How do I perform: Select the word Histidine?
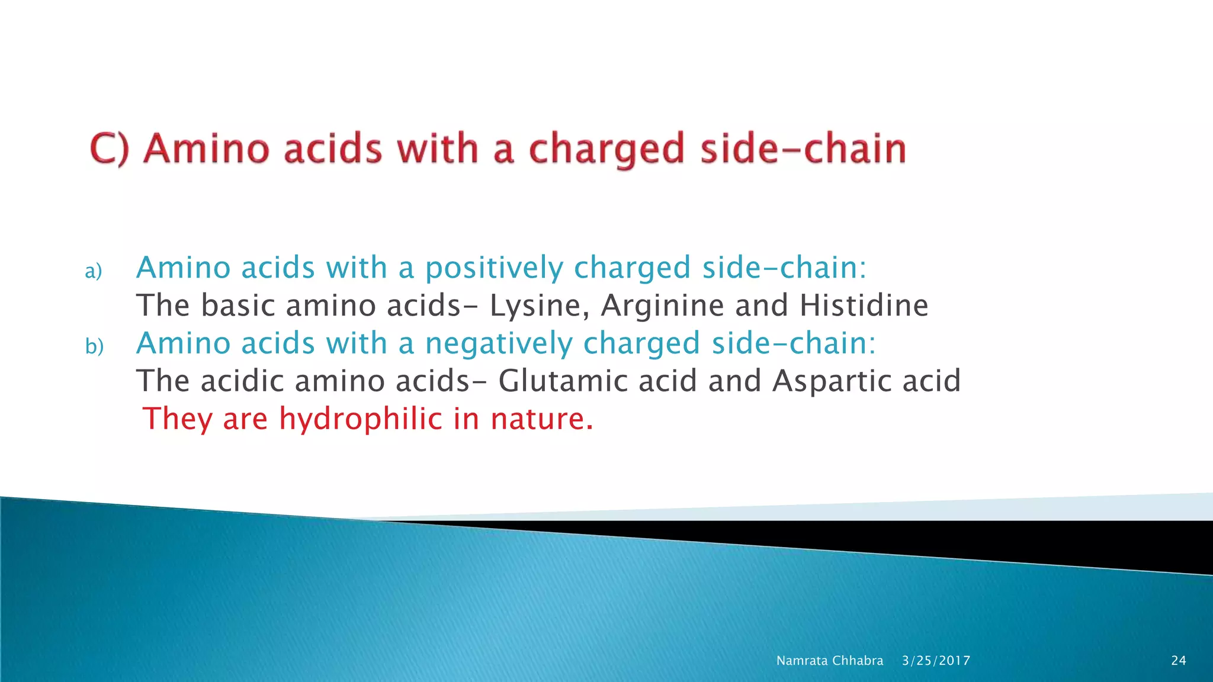[x=864, y=305]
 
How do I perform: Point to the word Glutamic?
[x=563, y=381]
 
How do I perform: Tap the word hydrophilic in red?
[x=361, y=420]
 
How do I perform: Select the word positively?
[x=494, y=268]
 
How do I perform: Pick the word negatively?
[x=499, y=344]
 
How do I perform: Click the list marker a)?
[x=94, y=271]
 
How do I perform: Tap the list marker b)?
[x=94, y=346]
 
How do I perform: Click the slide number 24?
[x=1178, y=661]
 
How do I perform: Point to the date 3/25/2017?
[x=936, y=661]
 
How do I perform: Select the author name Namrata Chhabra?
[x=829, y=661]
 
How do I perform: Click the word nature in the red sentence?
[x=541, y=419]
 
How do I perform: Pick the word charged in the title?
[x=606, y=149]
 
